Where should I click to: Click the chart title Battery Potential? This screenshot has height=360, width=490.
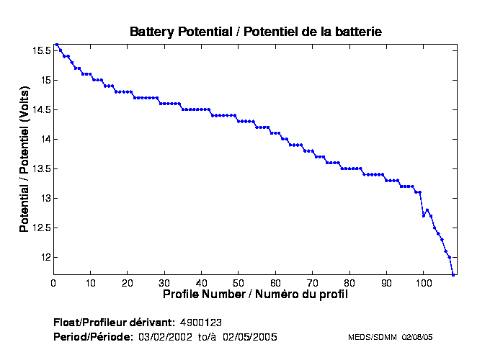point(255,32)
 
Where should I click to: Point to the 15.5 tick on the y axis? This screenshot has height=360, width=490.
point(40,50)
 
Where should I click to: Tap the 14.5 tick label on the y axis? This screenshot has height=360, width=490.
point(40,109)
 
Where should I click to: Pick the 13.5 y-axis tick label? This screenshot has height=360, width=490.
point(40,168)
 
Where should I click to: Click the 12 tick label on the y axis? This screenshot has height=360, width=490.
point(45,257)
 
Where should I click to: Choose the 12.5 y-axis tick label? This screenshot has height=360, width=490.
point(40,228)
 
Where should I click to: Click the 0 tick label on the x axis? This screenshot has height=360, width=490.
point(53,282)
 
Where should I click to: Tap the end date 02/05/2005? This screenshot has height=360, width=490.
point(249,337)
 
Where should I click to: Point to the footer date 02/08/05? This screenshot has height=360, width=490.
point(416,337)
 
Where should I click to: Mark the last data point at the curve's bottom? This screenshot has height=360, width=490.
point(453,274)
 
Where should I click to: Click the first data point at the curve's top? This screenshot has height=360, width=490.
point(57,44)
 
